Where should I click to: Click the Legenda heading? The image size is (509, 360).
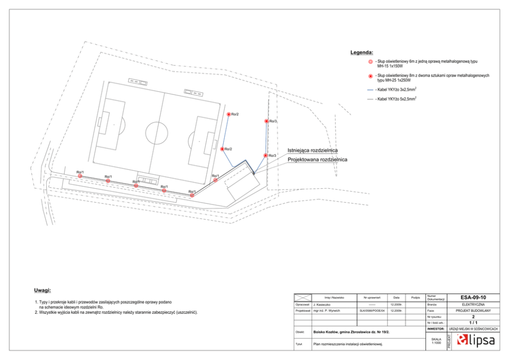pyautogui.click(x=362, y=53)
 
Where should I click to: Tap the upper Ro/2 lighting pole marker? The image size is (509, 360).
pyautogui.click(x=228, y=114)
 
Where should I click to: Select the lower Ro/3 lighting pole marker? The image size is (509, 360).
pyautogui.click(x=265, y=155)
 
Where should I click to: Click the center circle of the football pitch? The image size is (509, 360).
pyautogui.click(x=157, y=132)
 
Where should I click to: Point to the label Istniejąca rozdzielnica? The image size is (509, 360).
pyautogui.click(x=312, y=151)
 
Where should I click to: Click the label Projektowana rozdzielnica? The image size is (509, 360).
pyautogui.click(x=317, y=159)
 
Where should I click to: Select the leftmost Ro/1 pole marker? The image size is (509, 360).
pyautogui.click(x=80, y=176)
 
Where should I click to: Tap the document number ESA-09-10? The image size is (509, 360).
pyautogui.click(x=473, y=297)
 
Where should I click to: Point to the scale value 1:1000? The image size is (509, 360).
pyautogui.click(x=436, y=343)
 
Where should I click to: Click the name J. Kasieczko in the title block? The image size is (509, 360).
pyautogui.click(x=324, y=304)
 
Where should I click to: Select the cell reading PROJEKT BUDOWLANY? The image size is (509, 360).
pyautogui.click(x=473, y=311)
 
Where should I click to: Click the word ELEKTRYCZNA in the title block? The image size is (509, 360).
pyautogui.click(x=473, y=304)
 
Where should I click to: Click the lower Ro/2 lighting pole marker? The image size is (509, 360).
pyautogui.click(x=222, y=149)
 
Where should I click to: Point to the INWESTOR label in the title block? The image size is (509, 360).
pyautogui.click(x=435, y=329)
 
